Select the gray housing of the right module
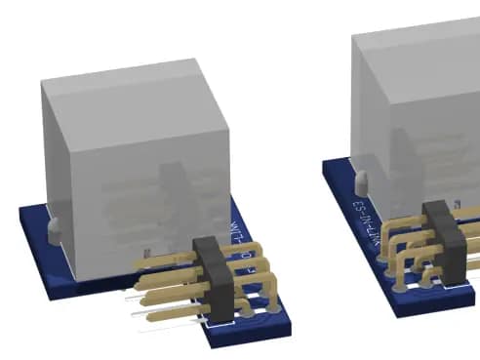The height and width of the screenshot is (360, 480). (x=420, y=98)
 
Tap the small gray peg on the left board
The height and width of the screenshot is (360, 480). (x=54, y=228)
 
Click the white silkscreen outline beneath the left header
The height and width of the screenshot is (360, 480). (x=234, y=318)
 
